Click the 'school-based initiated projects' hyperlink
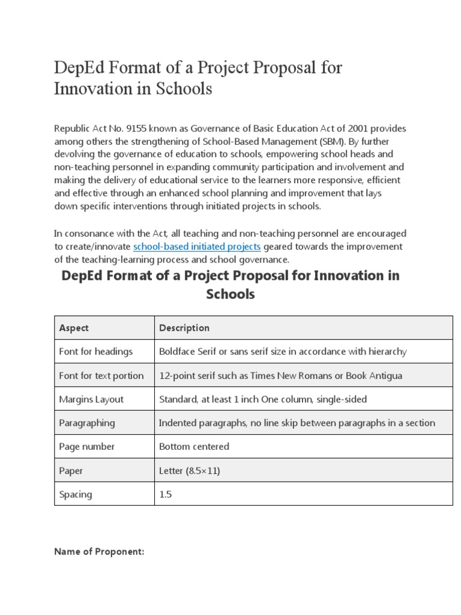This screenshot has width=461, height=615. (197, 246)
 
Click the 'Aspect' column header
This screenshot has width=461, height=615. (74, 328)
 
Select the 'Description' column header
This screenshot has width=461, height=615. (184, 328)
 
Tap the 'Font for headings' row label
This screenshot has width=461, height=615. (95, 351)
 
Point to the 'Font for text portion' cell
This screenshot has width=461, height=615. (101, 375)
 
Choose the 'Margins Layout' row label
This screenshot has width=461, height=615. (91, 399)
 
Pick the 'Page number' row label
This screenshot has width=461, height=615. (86, 447)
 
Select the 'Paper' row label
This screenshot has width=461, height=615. (70, 471)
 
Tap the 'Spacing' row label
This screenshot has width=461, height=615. (76, 494)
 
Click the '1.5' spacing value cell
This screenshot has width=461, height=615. (166, 494)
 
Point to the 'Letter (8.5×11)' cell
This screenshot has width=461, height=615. (190, 471)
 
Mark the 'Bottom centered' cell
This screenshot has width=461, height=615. (194, 447)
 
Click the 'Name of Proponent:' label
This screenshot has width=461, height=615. (99, 552)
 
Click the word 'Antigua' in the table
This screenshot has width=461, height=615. (384, 375)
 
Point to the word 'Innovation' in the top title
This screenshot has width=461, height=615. (91, 89)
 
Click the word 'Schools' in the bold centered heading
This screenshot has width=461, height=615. (230, 294)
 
